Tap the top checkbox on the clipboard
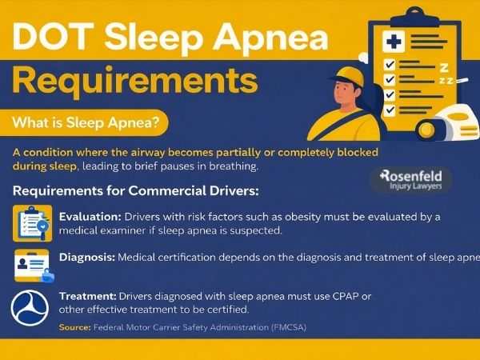390,63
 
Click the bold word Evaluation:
90,217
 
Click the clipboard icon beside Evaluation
33,222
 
